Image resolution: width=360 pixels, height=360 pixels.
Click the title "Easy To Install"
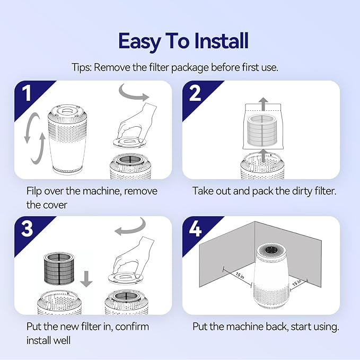tap(183, 41)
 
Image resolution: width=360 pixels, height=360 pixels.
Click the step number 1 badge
tap(27, 93)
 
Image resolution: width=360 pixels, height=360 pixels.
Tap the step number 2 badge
tap(195, 93)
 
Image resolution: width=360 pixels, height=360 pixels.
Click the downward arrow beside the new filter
tap(86, 277)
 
